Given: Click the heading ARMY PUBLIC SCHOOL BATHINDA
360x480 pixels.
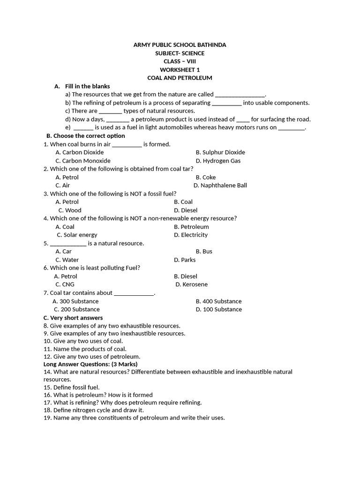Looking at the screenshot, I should (180, 45).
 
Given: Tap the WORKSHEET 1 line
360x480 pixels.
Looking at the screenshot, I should (180, 70).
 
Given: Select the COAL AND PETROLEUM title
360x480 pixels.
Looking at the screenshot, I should (180, 78).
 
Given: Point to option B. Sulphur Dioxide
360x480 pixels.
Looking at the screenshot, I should (220, 152).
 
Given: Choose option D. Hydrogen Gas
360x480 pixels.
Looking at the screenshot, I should (218, 161).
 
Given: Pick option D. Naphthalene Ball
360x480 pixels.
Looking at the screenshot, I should (220, 186).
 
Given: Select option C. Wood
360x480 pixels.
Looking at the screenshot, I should (70, 210).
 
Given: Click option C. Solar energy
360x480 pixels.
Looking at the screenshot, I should (77, 235).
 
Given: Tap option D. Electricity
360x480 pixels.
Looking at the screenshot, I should (191, 235).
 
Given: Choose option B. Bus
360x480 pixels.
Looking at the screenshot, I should (204, 252).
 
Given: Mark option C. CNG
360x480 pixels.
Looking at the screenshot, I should (65, 285).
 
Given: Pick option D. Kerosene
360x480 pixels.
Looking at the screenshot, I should (192, 285).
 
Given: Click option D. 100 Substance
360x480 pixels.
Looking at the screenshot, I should (219, 309).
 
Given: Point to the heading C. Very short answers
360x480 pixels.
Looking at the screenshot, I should (73, 318).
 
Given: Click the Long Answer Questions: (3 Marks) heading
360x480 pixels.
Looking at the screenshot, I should (90, 364).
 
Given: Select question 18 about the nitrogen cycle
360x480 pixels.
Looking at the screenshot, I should (94, 410).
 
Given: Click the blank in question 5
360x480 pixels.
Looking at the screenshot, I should (68, 244).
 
